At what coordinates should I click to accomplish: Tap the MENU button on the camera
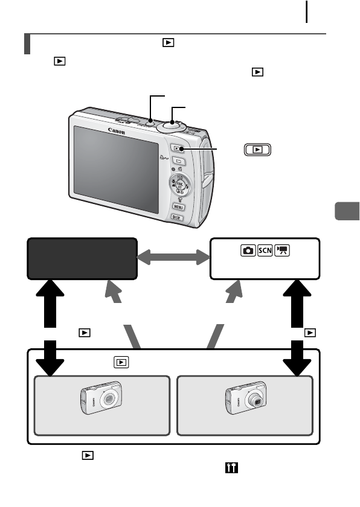pyautogui.click(x=178, y=207)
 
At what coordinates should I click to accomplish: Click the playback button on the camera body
pyautogui.click(x=177, y=148)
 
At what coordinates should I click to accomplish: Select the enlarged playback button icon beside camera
pyautogui.click(x=258, y=149)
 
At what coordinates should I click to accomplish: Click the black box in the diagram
pyautogui.click(x=82, y=258)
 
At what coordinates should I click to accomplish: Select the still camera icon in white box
pyautogui.click(x=247, y=250)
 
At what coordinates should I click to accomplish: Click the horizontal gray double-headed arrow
pyautogui.click(x=172, y=258)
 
